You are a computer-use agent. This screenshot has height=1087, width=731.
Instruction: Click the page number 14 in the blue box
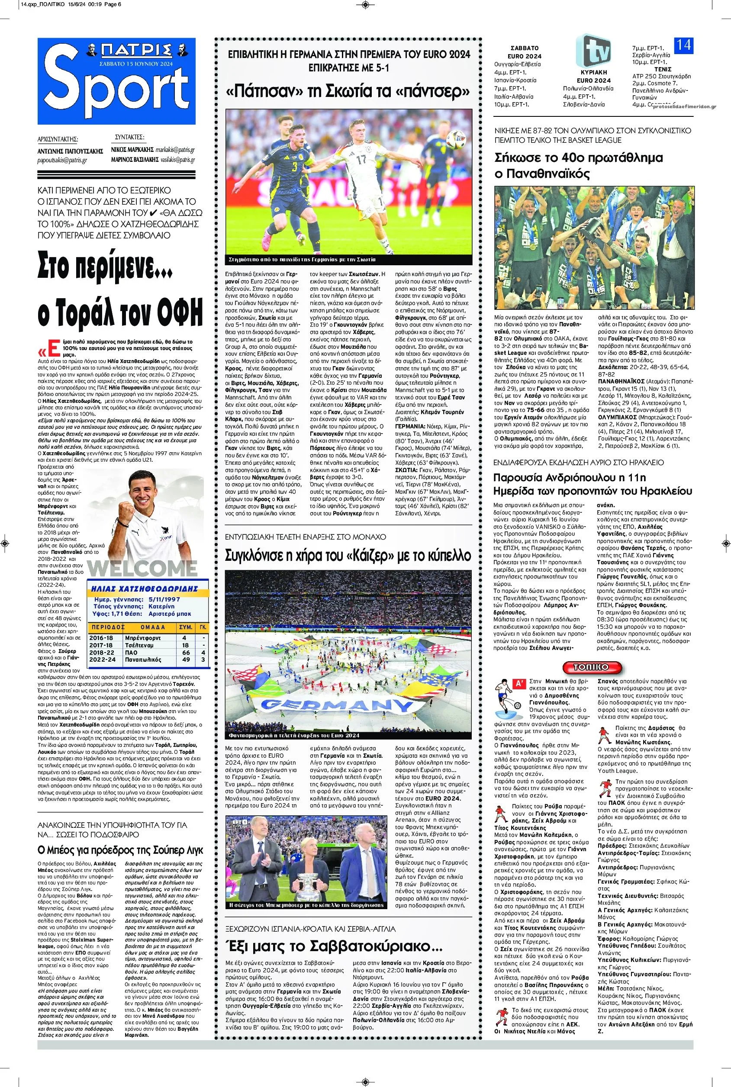coord(683,45)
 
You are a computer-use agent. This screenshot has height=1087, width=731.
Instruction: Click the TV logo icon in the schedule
coord(593,50)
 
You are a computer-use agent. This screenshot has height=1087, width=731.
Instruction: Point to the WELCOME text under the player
coord(142,568)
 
